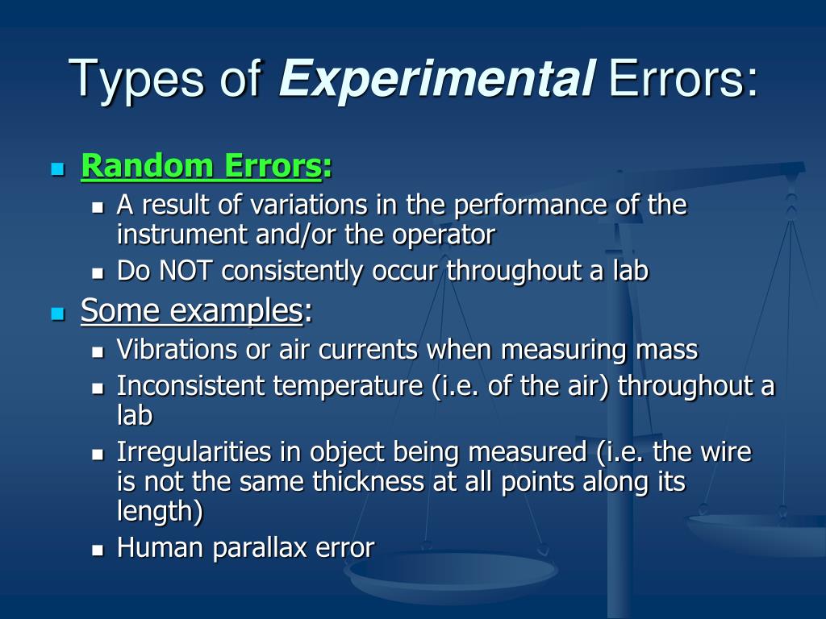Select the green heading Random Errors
(x=201, y=167)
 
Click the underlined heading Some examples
(x=191, y=310)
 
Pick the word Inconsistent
(x=191, y=386)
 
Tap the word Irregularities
(x=184, y=452)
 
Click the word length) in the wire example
(x=160, y=512)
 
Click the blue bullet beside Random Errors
(x=56, y=169)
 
